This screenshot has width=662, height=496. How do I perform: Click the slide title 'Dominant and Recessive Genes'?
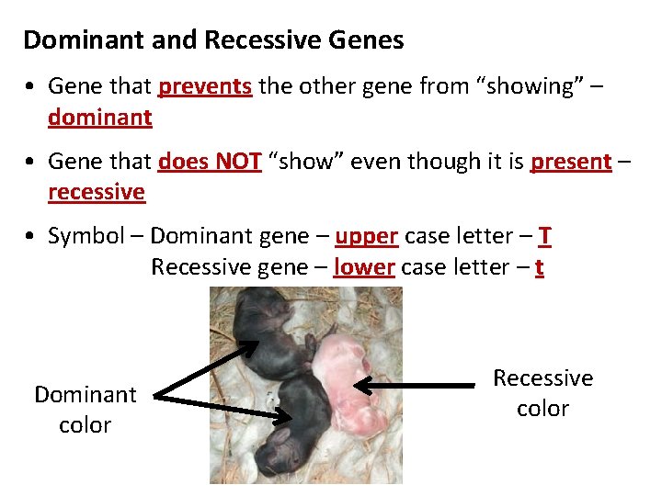point(213,40)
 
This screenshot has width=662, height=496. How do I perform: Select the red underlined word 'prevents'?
point(205,86)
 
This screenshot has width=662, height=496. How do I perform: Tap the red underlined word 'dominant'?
point(99,118)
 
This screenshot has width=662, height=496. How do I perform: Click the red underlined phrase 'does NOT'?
point(210,162)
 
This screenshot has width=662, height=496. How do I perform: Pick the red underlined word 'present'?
point(571,162)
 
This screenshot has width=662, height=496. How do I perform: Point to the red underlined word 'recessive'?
point(97,192)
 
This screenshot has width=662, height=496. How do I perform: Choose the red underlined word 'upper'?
point(366,236)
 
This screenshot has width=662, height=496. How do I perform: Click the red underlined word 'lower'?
point(364,267)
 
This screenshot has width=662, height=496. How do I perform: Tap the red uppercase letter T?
point(545,236)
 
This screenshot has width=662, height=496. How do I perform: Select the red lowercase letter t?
point(539,267)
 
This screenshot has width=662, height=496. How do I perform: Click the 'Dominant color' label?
point(85,410)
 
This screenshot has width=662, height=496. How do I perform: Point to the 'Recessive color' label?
point(542,393)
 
